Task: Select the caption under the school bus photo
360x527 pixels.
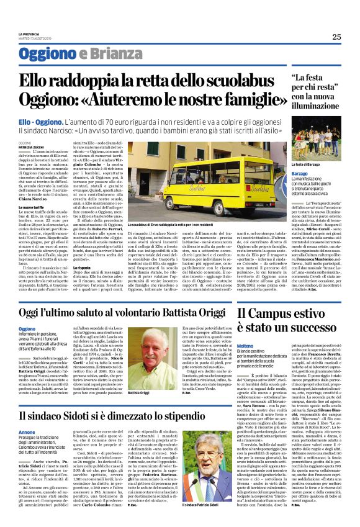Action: coord(186,223)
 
